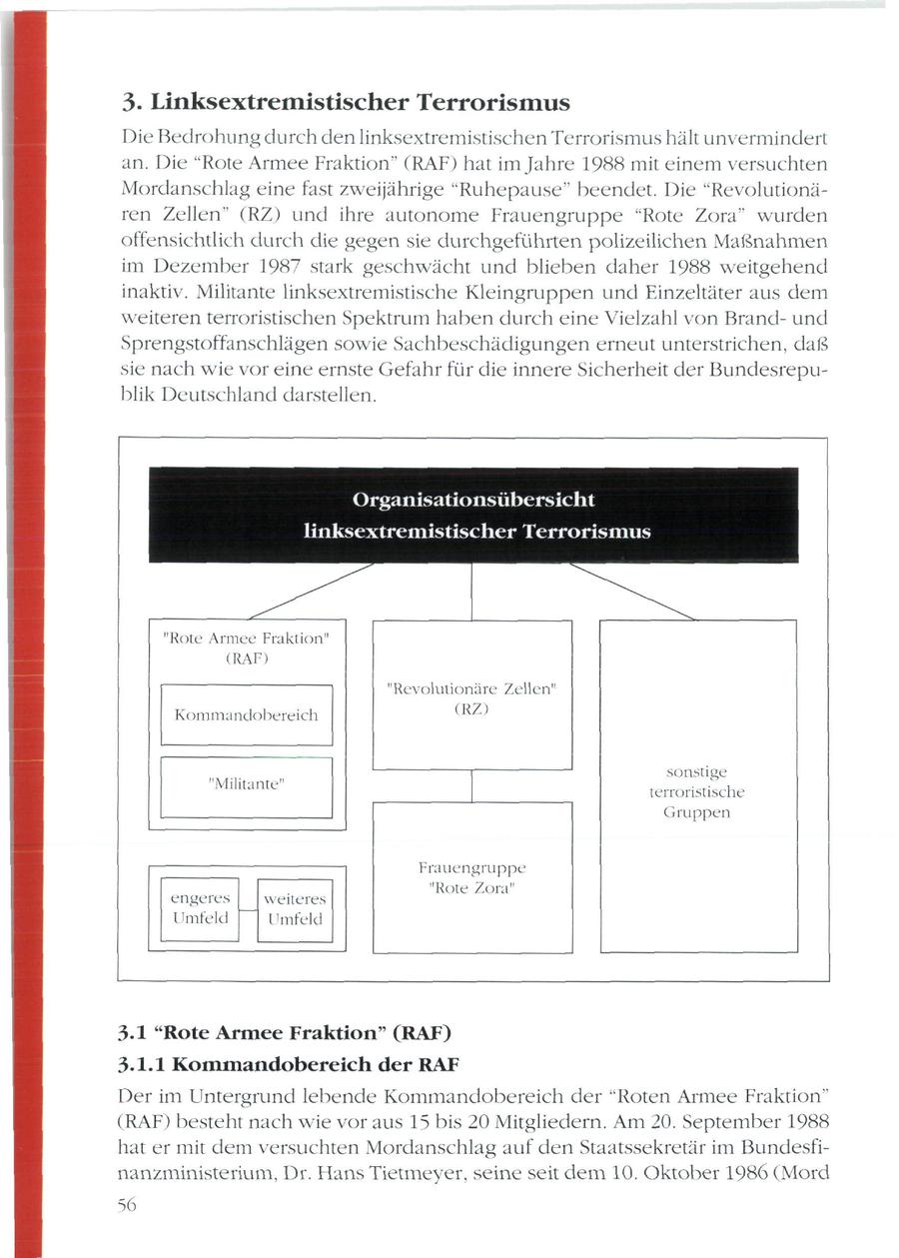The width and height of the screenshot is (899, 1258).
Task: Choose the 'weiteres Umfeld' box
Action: coord(295,910)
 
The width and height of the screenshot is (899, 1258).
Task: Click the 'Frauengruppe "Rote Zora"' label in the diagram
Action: coord(471,878)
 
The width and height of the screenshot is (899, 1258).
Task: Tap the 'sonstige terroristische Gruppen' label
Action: coord(696,791)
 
